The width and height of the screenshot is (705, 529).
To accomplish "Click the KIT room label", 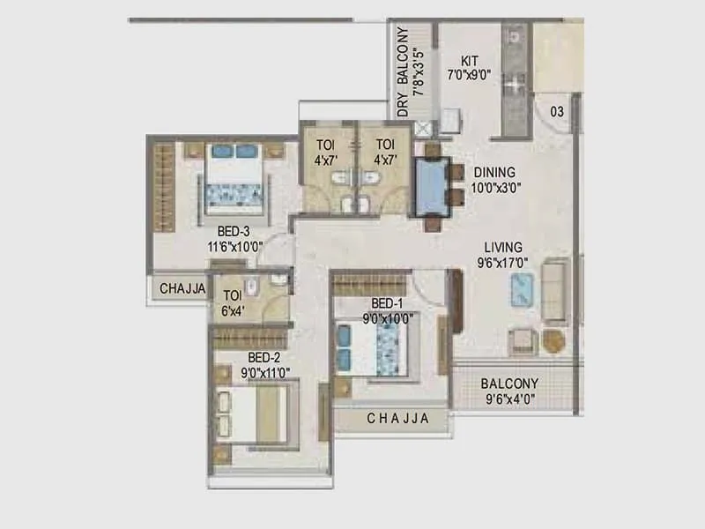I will [x=470, y=61].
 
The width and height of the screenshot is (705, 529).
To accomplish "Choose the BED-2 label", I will [x=263, y=357].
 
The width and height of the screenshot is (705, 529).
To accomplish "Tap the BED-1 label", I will [x=389, y=303].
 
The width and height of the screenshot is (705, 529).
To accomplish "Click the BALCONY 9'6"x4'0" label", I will [x=509, y=384].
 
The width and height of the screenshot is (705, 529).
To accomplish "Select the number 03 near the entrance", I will [x=557, y=111].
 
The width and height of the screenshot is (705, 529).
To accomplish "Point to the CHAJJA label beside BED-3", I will [x=182, y=288].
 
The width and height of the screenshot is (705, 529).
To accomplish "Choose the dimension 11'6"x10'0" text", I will [x=235, y=247].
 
